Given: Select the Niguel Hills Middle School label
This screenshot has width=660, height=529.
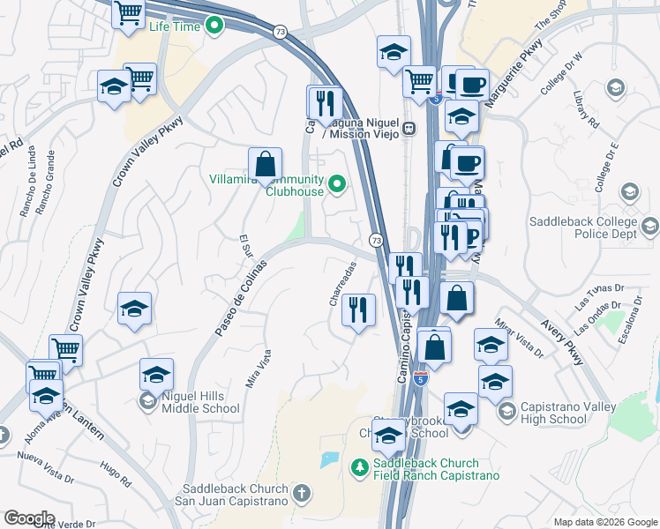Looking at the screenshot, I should tap(200, 402).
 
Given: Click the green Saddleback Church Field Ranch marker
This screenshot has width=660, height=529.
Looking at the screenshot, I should tap(359, 466).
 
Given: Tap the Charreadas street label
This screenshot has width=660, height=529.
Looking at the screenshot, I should tap(342, 283).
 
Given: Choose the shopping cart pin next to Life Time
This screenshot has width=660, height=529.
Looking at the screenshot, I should tap(129, 13).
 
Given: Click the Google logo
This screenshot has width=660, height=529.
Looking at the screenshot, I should tap(29, 518).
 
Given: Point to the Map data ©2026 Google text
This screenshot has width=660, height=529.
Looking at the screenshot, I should tap(604, 522).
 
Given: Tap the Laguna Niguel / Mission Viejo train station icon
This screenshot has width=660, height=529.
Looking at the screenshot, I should tap(409, 128).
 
